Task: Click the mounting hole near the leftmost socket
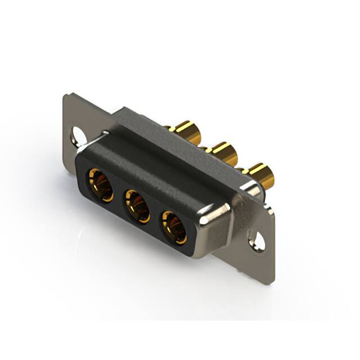[x=77, y=134]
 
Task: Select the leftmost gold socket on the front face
[x=100, y=185]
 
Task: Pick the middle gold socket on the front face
[x=137, y=206]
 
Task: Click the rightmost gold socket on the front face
[x=175, y=226]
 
